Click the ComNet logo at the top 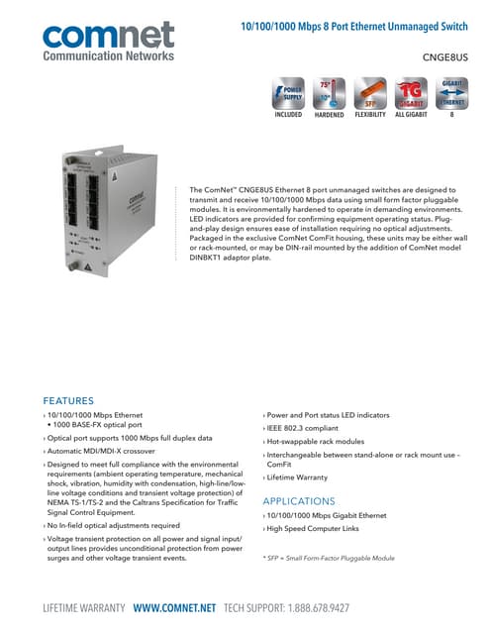coord(110,38)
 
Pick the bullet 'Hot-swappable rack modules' coord(316,441)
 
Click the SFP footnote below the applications coord(329,558)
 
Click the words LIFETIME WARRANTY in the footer coord(83,605)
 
